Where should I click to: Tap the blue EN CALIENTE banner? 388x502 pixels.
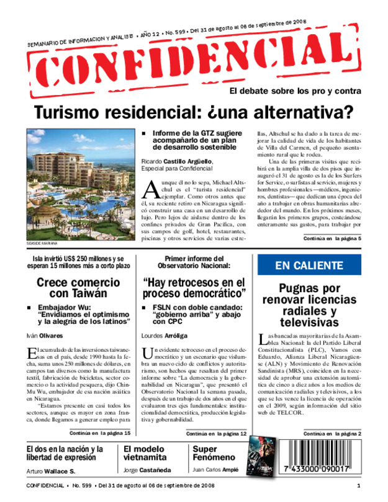click(x=309, y=266)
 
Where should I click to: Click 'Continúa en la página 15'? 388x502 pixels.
click(x=100, y=433)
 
